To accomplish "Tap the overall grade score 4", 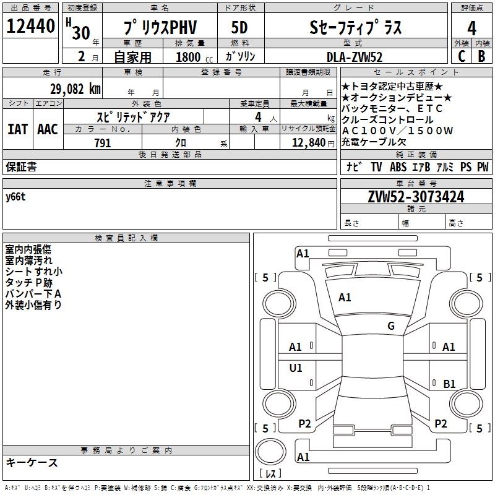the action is [x=472, y=28].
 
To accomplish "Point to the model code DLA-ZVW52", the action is [x=355, y=57].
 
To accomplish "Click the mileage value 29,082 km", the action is [x=75, y=88].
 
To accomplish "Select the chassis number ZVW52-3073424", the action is [x=415, y=197].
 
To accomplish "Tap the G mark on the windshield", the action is [x=390, y=326].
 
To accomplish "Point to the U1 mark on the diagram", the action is [x=296, y=368].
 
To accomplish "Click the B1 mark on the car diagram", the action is [x=449, y=384].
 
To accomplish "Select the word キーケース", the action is [x=32, y=462].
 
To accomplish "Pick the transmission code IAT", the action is [x=17, y=129].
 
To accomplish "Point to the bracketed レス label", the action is [x=270, y=473].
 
